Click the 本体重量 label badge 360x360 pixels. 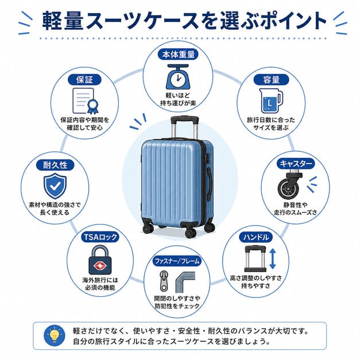(178, 55)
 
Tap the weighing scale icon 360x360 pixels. (178, 77)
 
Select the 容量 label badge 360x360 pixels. (271, 80)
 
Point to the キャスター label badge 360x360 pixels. (296, 164)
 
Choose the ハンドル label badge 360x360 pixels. (256, 237)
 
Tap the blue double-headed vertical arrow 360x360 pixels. (272, 258)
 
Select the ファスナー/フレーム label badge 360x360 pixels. (177, 261)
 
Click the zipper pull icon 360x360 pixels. (164, 280)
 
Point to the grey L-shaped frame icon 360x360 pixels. (185, 282)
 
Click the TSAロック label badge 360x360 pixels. (100, 237)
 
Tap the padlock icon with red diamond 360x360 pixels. (100, 260)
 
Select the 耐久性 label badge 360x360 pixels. (55, 165)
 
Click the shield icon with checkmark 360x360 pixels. (55, 185)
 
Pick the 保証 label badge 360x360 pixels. (85, 80)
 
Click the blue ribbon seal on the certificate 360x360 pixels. (92, 107)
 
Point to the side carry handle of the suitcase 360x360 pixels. (210, 183)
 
